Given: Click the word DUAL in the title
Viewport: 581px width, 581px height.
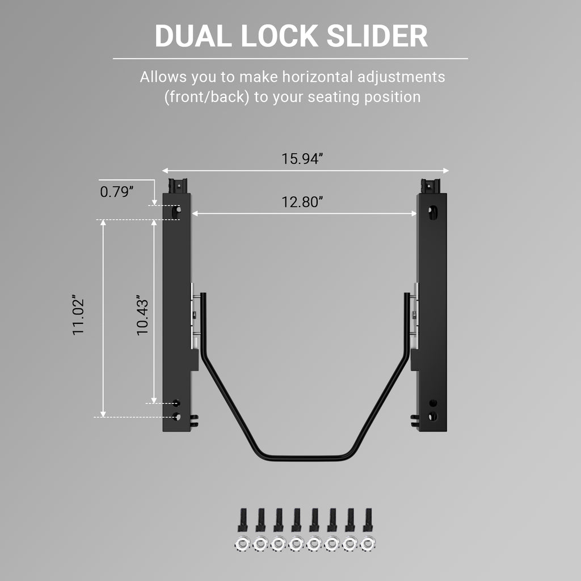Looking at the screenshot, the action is (x=193, y=36).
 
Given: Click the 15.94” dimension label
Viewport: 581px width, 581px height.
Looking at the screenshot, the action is (x=302, y=159).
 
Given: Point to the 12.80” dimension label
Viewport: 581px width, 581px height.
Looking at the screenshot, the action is (x=302, y=202).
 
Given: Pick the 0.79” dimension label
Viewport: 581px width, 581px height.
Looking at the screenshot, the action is (x=117, y=192).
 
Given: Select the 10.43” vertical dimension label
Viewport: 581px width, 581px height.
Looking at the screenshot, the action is (x=142, y=315).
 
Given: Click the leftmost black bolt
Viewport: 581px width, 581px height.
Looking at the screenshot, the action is (x=242, y=520).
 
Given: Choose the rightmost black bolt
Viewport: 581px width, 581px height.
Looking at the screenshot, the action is (x=368, y=520).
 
